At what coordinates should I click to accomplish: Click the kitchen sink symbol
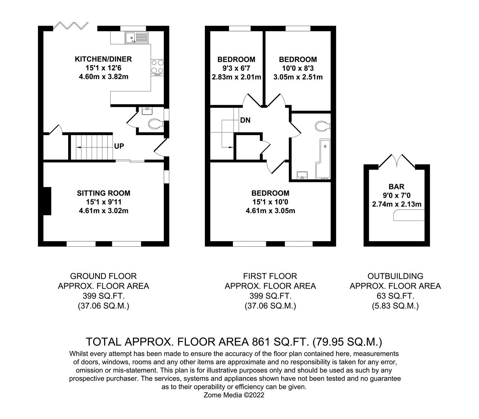(136, 37)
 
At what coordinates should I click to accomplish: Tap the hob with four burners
(157, 67)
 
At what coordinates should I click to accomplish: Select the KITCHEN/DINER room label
(103, 59)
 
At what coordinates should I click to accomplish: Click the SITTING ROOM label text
(103, 193)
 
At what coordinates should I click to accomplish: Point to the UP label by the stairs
(119, 146)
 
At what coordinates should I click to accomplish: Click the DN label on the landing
(245, 120)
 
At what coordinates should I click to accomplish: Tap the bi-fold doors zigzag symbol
(71, 26)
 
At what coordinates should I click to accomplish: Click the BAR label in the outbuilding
(397, 187)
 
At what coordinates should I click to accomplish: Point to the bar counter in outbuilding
(409, 216)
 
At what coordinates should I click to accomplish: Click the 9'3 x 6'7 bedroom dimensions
(236, 68)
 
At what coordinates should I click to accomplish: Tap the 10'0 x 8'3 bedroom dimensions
(298, 68)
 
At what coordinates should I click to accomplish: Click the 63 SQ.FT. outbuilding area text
(395, 296)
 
